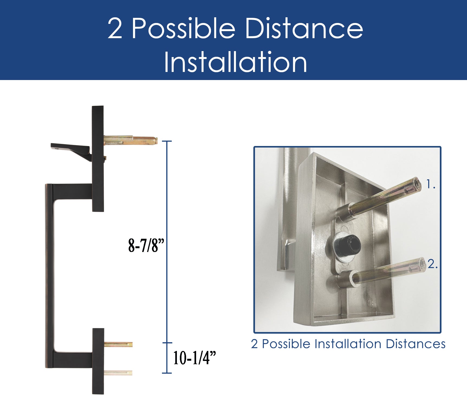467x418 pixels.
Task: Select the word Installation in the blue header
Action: coord(235,62)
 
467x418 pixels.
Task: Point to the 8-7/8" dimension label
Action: coord(146,246)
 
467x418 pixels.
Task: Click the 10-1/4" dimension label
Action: coord(194,358)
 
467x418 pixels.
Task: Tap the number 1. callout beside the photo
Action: coord(431,184)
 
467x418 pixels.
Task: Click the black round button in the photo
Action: coord(348,245)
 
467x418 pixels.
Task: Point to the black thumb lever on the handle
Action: coord(71,151)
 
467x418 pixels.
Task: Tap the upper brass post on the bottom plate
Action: coord(118,344)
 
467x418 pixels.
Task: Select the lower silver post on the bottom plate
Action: coord(118,373)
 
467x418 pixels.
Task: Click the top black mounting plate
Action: coord(98,159)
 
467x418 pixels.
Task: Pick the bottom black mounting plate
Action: coord(98,361)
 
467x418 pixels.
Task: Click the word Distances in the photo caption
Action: coord(416,344)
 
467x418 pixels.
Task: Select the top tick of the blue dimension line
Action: coord(167,141)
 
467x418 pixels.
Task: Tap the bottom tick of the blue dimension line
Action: coord(167,373)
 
